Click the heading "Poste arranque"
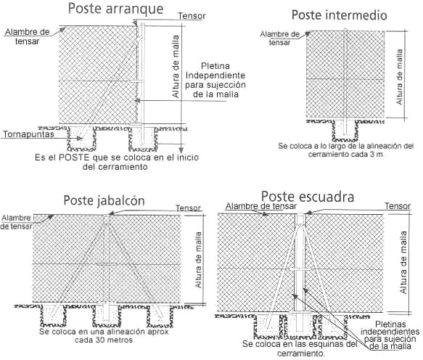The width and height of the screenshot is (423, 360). click(115, 9)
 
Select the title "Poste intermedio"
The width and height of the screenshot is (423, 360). click(340, 15)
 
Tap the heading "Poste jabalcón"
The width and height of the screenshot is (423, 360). click(104, 201)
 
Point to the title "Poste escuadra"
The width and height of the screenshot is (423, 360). click(308, 197)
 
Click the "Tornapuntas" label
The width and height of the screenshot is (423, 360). click(28, 134)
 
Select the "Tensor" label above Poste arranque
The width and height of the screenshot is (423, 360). click(192, 16)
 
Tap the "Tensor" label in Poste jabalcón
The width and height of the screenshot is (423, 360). click(189, 208)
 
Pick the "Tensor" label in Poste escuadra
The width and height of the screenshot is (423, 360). click(398, 206)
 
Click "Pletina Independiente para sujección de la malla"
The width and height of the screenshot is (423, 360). click(215, 80)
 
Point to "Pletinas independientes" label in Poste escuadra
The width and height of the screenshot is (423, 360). click(390, 327)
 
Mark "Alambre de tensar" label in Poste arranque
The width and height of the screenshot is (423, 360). click(27, 37)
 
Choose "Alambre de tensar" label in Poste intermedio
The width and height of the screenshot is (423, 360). click(280, 38)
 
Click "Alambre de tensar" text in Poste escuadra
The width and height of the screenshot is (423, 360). click(261, 206)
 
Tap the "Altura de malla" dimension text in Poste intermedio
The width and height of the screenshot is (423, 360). click(399, 77)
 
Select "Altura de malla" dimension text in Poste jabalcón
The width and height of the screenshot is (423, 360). click(199, 260)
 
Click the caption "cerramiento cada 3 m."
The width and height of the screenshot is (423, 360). click(346, 155)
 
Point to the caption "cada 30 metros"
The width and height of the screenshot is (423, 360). click(104, 340)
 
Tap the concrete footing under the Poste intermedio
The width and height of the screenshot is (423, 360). click(345, 130)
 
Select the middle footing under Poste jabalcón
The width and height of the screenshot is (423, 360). click(106, 316)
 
